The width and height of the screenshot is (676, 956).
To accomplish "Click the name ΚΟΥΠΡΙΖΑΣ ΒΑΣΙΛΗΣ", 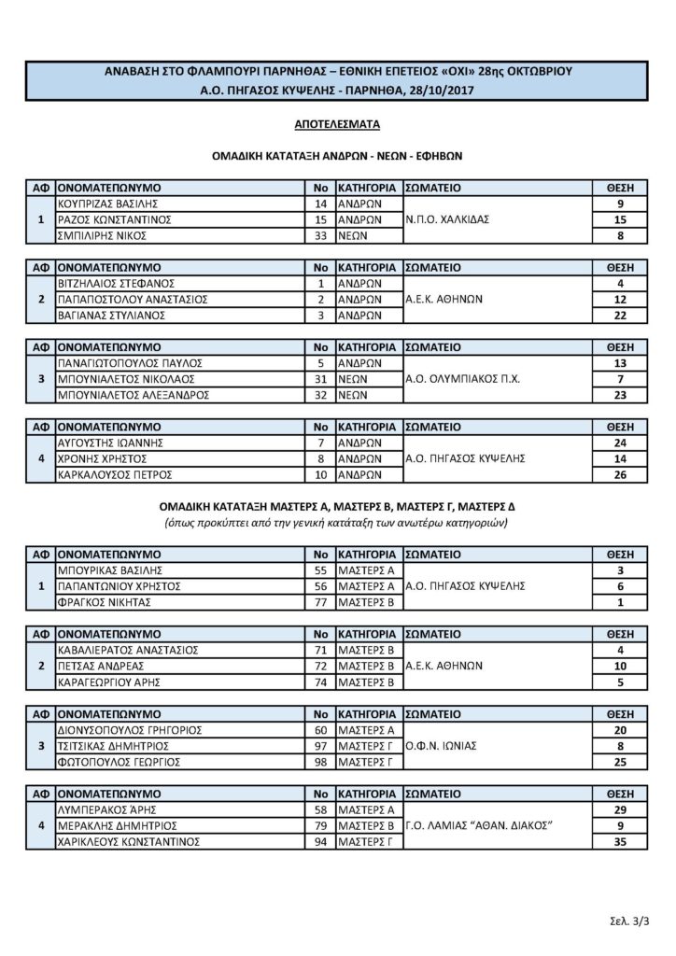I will click(x=110, y=203).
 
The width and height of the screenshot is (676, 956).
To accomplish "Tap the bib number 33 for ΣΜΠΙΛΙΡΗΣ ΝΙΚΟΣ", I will click(x=319, y=236).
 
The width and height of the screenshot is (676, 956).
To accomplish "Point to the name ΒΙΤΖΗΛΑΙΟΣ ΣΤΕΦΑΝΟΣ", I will click(x=116, y=283).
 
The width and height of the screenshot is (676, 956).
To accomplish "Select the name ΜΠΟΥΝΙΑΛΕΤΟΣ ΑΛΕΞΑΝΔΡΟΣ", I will click(x=132, y=396).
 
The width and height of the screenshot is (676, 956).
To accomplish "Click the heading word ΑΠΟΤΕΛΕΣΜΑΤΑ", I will click(x=337, y=122).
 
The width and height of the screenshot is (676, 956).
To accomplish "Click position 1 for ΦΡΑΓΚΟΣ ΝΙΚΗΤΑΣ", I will click(x=620, y=603).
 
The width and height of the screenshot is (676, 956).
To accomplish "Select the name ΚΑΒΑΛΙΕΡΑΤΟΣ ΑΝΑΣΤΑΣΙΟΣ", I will click(x=132, y=650).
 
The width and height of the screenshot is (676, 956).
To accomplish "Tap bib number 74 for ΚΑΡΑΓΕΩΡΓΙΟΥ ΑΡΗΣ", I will click(x=319, y=683).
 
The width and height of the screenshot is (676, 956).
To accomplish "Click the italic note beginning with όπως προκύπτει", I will click(x=337, y=523).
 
